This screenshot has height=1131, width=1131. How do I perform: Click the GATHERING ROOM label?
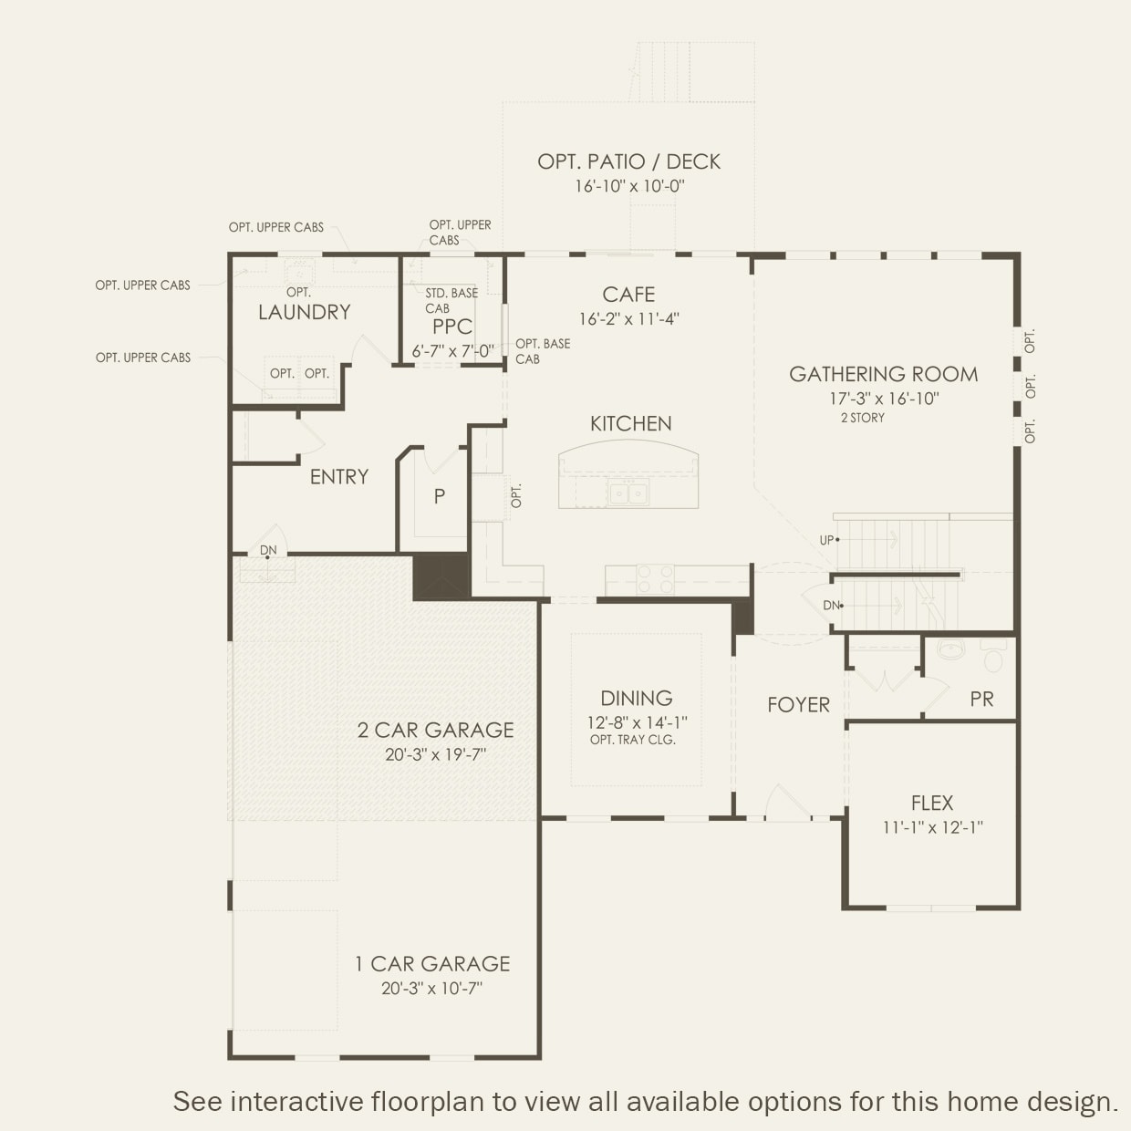[883, 374]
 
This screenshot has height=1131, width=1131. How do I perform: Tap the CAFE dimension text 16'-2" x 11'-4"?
[628, 319]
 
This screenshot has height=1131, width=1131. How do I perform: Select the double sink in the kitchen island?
[628, 492]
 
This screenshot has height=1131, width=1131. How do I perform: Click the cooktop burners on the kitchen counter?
[655, 578]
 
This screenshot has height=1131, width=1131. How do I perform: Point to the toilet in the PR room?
[993, 654]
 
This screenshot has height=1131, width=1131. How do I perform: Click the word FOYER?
[798, 704]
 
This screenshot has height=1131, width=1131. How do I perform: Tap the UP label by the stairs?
[826, 540]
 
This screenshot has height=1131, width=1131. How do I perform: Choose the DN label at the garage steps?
[268, 550]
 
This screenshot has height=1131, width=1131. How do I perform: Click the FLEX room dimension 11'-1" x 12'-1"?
[933, 827]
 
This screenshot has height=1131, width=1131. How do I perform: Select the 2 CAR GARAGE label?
[435, 730]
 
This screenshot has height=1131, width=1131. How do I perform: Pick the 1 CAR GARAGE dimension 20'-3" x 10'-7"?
[432, 989]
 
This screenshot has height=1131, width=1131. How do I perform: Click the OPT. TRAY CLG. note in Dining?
[633, 740]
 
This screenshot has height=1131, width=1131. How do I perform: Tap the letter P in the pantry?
[439, 496]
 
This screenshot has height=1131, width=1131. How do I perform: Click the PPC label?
[451, 327]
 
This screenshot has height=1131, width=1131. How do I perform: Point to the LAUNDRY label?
[304, 312]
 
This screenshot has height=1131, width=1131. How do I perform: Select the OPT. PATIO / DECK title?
[628, 161]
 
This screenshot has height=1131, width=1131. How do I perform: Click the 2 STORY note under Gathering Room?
[862, 418]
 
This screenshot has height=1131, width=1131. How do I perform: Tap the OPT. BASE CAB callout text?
[543, 351]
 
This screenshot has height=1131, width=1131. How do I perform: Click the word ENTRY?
[339, 477]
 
